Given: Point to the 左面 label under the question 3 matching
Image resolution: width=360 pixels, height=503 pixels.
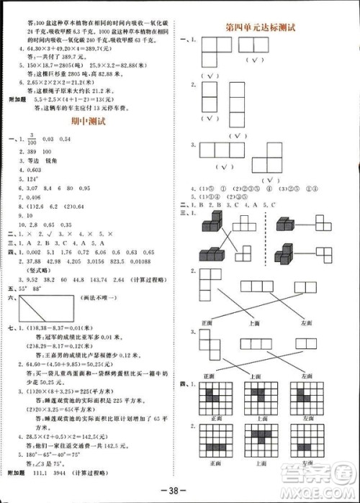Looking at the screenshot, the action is [307, 375].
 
